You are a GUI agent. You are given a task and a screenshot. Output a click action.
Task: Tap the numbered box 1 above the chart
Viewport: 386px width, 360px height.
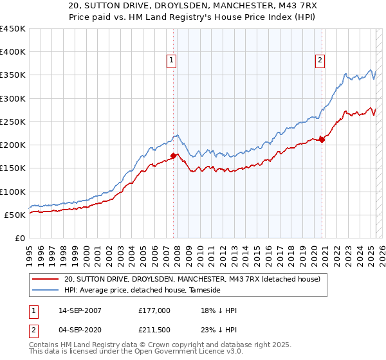tap(172, 61)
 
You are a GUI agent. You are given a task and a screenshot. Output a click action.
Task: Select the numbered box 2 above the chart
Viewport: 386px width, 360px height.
tap(320, 61)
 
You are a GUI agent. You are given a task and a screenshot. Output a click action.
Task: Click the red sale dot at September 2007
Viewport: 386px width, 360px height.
tap(174, 156)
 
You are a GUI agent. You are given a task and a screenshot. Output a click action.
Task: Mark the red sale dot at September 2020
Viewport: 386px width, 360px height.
tap(322, 140)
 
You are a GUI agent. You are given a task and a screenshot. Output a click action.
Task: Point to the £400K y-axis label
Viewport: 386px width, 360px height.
tap(13, 52)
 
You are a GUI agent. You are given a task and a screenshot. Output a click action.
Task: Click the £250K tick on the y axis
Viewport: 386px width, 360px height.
tap(13, 122)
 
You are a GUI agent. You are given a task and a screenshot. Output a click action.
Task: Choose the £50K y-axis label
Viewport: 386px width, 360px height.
tap(15, 215)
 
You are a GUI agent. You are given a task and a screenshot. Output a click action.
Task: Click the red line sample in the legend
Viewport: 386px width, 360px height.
tap(45, 279)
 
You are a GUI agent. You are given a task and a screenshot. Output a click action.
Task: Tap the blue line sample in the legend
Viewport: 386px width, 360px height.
tap(45, 291)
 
